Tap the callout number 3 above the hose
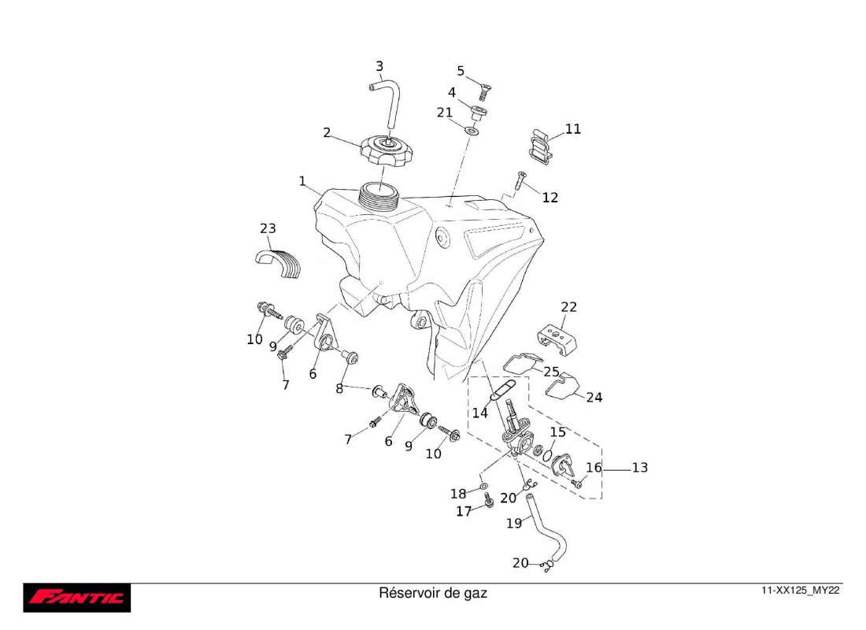[379, 66]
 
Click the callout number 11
[573, 128]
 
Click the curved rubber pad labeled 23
[282, 263]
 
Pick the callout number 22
[568, 307]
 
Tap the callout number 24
[594, 398]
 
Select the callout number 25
[551, 371]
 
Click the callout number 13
[639, 468]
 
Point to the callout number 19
[513, 522]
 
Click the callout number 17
[464, 512]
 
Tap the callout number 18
[458, 494]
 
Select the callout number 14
[479, 413]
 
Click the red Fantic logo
[76, 598]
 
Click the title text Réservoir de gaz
[433, 592]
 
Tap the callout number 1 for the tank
[302, 181]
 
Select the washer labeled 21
[471, 129]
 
